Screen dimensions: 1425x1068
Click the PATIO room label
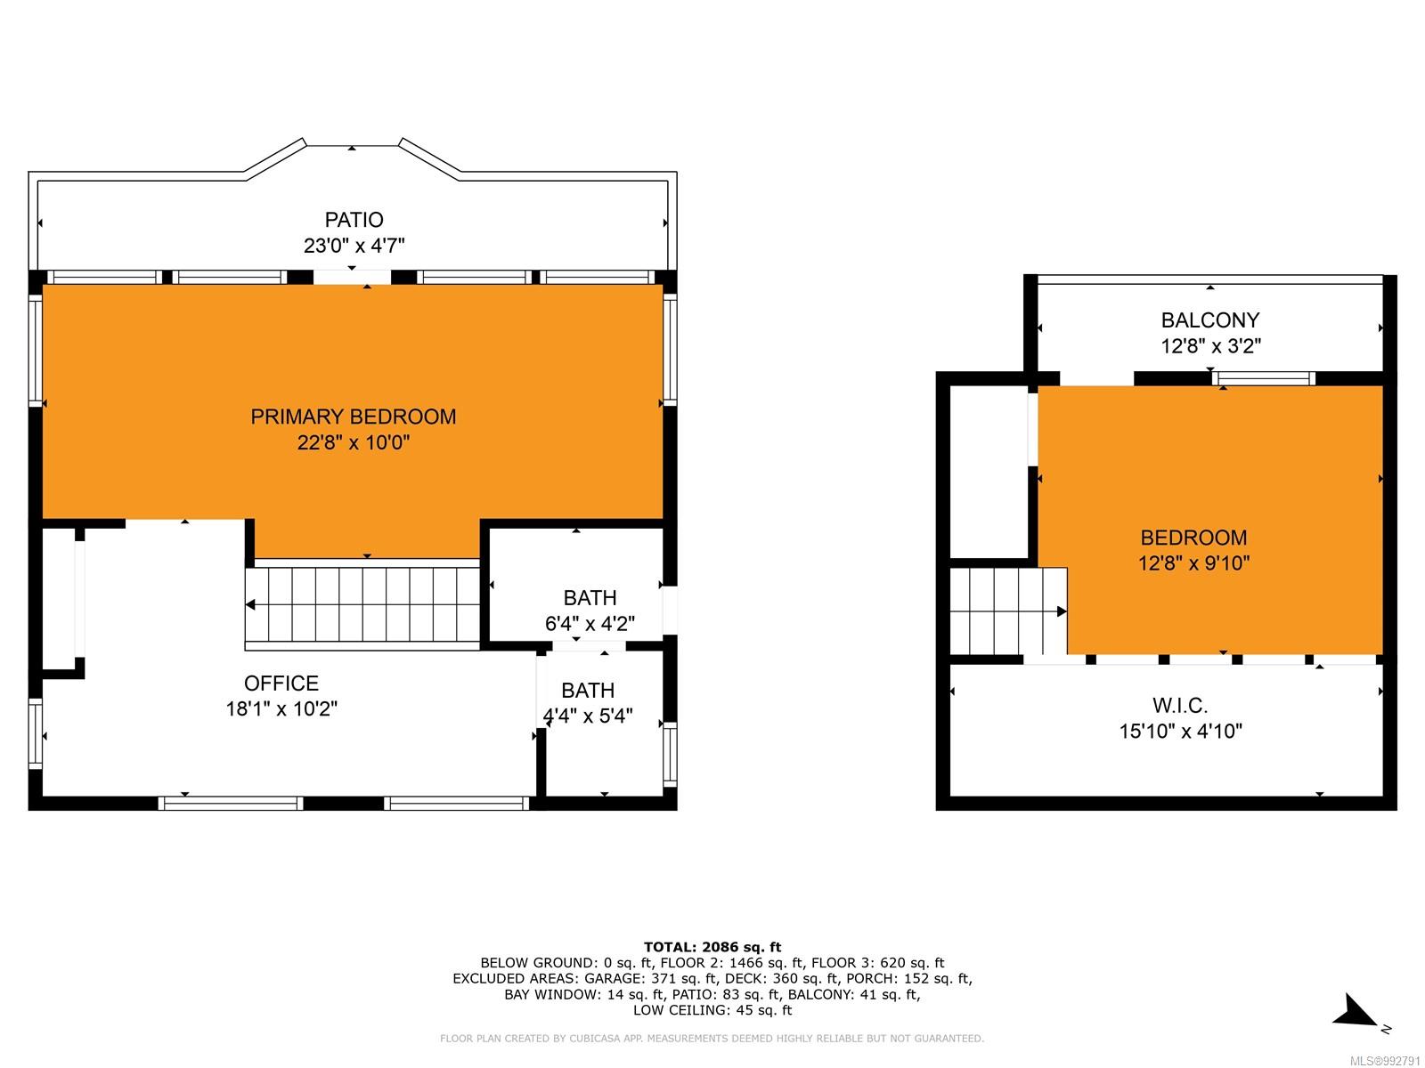pyautogui.click(x=354, y=220)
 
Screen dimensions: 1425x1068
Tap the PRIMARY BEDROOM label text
pyautogui.click(x=354, y=417)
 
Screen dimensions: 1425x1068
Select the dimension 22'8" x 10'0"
pyautogui.click(x=354, y=442)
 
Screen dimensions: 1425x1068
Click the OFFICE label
pyautogui.click(x=281, y=684)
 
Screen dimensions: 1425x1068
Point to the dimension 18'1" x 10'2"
pyautogui.click(x=281, y=708)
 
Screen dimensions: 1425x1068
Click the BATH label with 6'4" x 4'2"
pyautogui.click(x=590, y=598)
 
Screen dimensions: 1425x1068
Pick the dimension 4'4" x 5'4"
pyautogui.click(x=588, y=716)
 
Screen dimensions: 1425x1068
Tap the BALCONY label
pyautogui.click(x=1210, y=320)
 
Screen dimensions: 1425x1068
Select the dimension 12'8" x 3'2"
pyautogui.click(x=1210, y=346)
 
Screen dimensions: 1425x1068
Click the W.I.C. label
pyautogui.click(x=1179, y=706)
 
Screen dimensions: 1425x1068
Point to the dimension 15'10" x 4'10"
pyautogui.click(x=1179, y=732)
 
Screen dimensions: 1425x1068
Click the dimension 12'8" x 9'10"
pyautogui.click(x=1193, y=562)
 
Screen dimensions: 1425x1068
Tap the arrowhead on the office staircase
pyautogui.click(x=250, y=605)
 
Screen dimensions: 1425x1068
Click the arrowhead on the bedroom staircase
pyautogui.click(x=1062, y=611)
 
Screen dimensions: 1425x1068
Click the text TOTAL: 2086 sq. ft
pyautogui.click(x=712, y=947)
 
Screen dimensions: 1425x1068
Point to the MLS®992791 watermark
pyautogui.click(x=1386, y=1062)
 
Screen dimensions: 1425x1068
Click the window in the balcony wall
pyautogui.click(x=1263, y=379)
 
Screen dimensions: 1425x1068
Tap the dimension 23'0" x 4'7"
pyautogui.click(x=354, y=246)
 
